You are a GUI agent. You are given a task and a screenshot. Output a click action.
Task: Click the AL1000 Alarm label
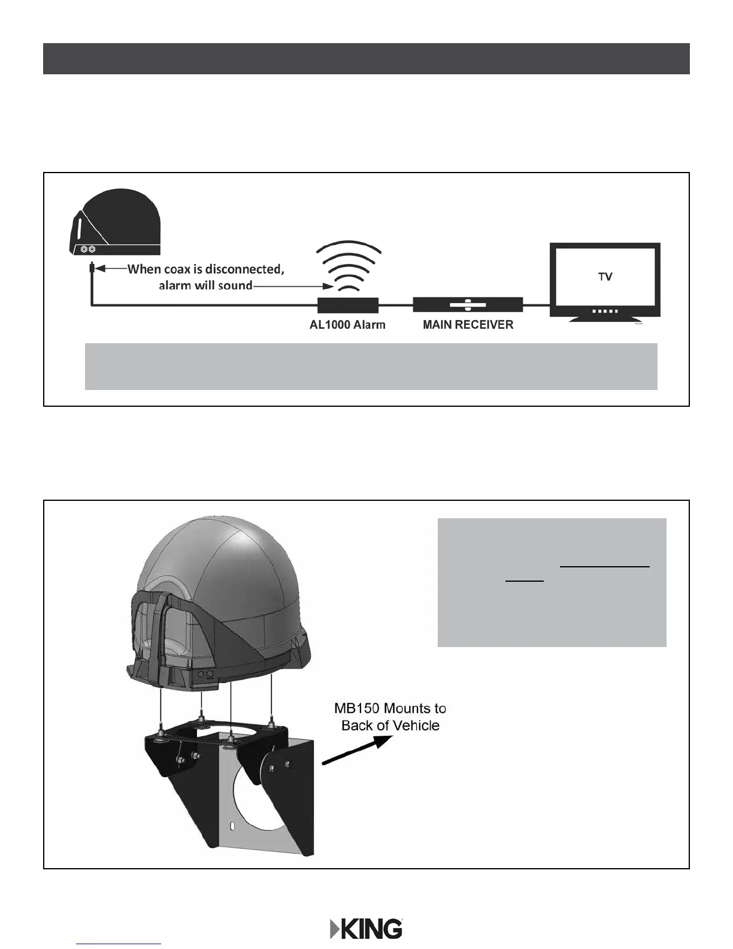(347, 325)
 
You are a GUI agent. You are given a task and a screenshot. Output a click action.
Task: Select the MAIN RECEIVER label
(468, 325)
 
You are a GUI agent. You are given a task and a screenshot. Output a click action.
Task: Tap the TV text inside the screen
(605, 277)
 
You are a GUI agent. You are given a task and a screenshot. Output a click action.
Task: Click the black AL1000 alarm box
(347, 305)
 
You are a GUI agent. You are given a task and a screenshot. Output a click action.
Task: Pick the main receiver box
(468, 304)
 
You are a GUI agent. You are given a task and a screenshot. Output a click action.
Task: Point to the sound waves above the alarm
(349, 264)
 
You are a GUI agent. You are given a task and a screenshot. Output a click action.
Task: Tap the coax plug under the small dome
(92, 268)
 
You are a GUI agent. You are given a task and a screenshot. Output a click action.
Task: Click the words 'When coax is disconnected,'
(205, 269)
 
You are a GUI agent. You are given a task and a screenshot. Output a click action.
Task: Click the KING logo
(366, 929)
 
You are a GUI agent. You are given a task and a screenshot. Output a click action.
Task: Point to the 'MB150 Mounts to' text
(390, 708)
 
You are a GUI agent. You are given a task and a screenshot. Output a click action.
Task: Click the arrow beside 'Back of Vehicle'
(356, 749)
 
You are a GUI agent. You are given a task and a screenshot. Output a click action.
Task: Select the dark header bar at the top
(366, 59)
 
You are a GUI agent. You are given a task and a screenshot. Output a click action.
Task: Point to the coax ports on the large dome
(204, 674)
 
